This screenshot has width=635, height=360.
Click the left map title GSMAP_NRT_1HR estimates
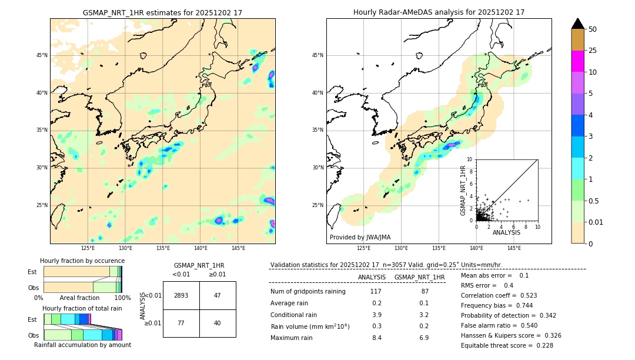[x=162, y=12]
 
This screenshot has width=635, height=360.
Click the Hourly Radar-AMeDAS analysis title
[x=439, y=12]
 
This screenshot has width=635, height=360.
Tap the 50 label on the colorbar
[x=593, y=29]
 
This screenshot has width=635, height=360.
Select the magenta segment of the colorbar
[x=577, y=61]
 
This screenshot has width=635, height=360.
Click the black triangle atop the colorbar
[x=577, y=24]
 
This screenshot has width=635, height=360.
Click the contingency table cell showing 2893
[x=181, y=295]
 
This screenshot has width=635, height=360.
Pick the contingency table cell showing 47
[x=218, y=295]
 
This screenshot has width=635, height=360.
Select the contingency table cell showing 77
[x=181, y=323]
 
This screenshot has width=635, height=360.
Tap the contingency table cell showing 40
[x=218, y=323]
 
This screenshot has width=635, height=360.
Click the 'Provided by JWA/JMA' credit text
[x=360, y=238]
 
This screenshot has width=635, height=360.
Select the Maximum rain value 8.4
[x=376, y=338]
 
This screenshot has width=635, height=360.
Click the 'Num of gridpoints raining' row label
[x=308, y=292]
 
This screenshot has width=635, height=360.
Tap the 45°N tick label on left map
[x=42, y=55]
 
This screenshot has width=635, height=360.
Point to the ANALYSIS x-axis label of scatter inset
[x=506, y=233]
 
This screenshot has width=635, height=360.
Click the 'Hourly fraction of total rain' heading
[x=82, y=308]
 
